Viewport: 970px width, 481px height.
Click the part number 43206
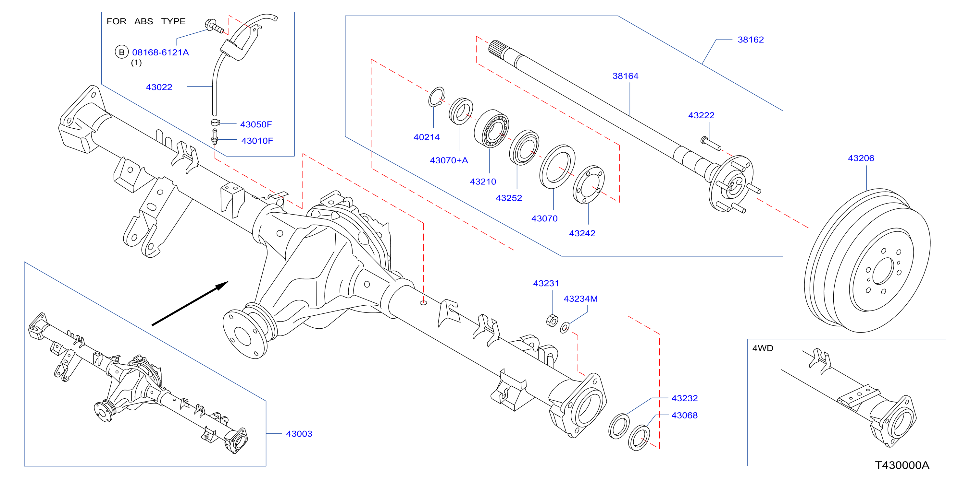(x=861, y=158)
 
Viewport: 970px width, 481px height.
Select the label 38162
(x=751, y=40)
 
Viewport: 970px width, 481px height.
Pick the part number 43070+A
(x=449, y=160)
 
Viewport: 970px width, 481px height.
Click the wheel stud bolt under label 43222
(x=711, y=143)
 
